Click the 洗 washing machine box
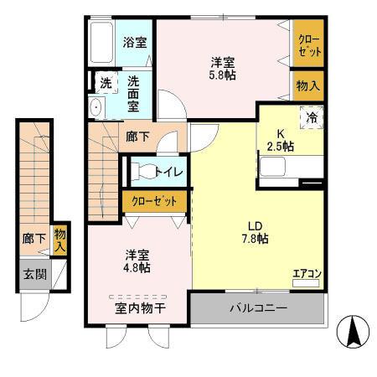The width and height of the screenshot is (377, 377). pyautogui.click(x=105, y=83)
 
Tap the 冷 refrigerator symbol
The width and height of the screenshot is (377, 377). pyautogui.click(x=312, y=117)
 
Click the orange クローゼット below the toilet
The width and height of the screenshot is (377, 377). pyautogui.click(x=154, y=202)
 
